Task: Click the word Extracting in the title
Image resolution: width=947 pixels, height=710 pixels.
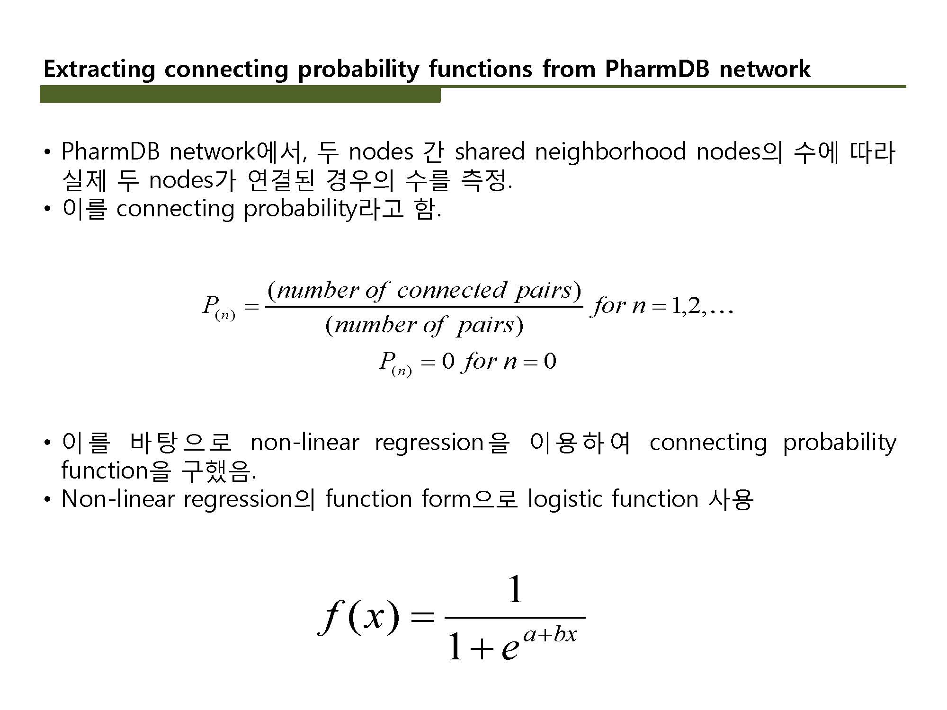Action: [x=99, y=70]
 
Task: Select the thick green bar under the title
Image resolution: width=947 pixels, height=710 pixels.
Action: [x=240, y=94]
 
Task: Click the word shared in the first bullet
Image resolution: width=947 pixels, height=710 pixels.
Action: [x=489, y=151]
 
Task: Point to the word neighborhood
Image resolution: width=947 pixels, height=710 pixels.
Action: [x=610, y=151]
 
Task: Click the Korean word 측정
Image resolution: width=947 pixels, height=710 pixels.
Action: [x=486, y=181]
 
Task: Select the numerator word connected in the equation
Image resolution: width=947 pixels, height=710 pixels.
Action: [x=452, y=290]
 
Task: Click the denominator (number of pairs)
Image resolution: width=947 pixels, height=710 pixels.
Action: [x=424, y=325]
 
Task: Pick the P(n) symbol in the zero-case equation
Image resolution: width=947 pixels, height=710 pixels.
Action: [x=395, y=363]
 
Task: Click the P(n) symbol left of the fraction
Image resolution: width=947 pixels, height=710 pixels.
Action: [x=218, y=308]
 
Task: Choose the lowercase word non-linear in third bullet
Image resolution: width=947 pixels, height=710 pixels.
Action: [x=305, y=443]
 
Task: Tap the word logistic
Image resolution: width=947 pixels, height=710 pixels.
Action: [x=564, y=499]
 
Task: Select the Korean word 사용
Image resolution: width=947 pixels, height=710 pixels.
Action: [x=731, y=499]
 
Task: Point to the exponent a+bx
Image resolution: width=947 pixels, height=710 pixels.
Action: [x=550, y=634]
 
